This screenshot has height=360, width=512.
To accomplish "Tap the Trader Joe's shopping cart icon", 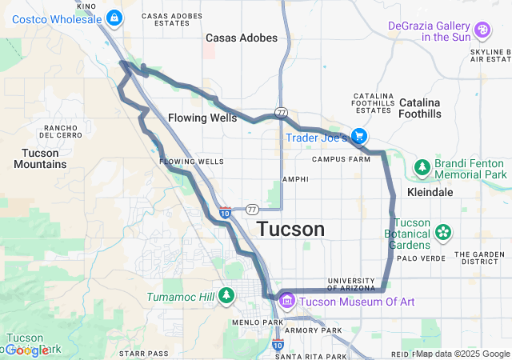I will click(361, 137).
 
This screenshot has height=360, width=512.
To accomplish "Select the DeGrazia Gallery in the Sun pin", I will click(482, 30).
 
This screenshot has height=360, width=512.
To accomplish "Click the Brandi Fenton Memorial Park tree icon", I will click(422, 168).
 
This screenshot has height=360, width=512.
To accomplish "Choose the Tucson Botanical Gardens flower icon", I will click(442, 233).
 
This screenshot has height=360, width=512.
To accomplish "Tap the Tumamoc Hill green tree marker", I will click(226, 296).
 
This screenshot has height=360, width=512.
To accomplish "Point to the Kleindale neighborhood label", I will click(430, 193).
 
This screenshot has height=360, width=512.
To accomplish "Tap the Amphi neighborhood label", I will click(294, 179).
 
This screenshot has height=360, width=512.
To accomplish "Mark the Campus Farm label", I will click(341, 158).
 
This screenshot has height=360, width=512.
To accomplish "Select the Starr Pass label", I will click(143, 353).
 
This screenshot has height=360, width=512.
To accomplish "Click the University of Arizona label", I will click(351, 284).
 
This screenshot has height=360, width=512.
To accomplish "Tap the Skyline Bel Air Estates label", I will click(490, 55).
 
